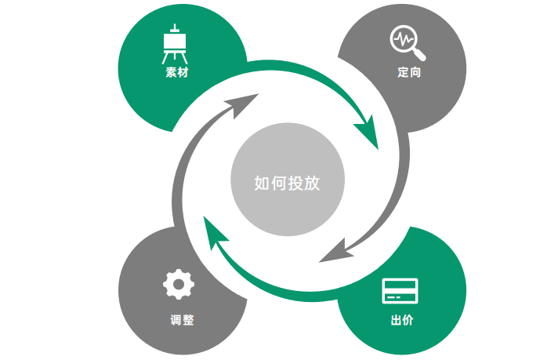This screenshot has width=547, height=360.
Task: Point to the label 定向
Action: coord(409,73)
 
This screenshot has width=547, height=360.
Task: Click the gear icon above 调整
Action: coord(177,283)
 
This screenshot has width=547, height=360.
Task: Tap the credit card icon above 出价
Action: coord(400,290)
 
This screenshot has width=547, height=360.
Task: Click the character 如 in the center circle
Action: coord(262,184)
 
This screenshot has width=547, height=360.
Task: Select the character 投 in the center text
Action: coord(295,184)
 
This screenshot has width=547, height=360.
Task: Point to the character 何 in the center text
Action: coord(278,184)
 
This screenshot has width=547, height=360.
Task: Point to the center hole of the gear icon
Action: coord(177,283)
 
